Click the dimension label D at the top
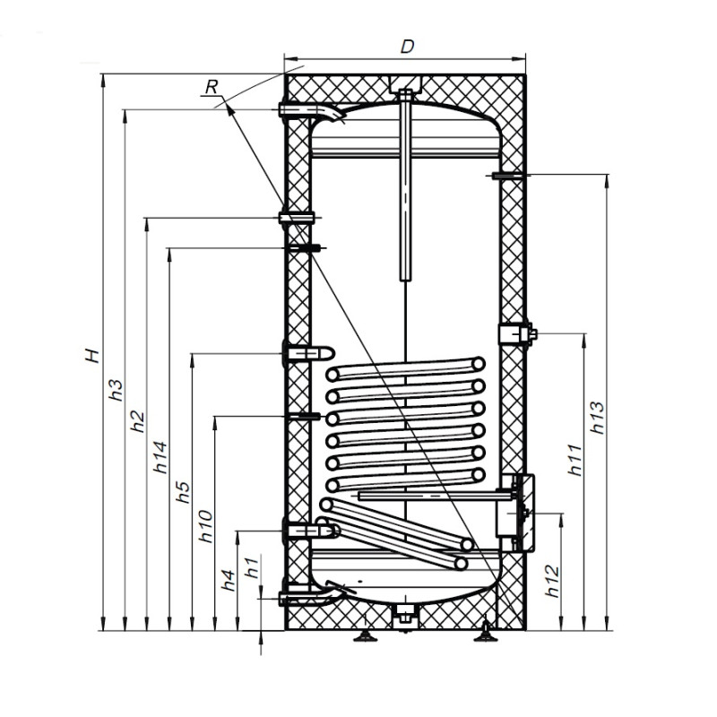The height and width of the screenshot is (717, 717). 407,47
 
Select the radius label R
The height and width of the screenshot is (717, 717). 212,86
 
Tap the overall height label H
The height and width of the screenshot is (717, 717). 92,355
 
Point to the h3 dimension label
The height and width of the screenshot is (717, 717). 116,390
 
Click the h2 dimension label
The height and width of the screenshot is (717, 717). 137,421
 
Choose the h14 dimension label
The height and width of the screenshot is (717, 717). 160,457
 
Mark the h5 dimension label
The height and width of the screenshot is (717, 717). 183,492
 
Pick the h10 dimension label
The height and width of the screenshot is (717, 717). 206,526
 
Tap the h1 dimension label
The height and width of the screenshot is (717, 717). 252,566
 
